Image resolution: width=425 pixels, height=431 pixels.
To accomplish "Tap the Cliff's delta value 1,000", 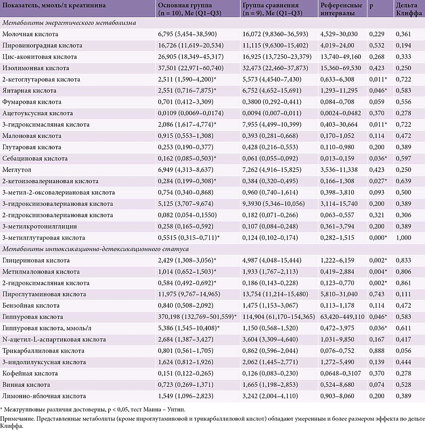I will pyautogui.click(x=403, y=237).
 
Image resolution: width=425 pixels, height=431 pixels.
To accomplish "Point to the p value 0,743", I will pyautogui.click(x=377, y=294).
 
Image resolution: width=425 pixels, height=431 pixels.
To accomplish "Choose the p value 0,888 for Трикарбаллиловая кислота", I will pyautogui.click(x=377, y=351).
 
